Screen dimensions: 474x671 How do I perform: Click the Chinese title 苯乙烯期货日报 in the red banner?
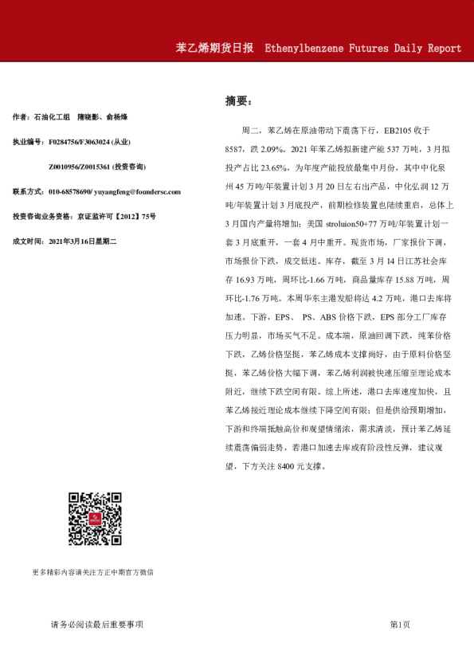click(214, 48)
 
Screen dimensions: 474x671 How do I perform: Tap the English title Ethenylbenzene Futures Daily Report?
click(362, 48)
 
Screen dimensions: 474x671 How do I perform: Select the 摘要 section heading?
click(237, 102)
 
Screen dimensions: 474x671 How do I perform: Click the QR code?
click(94, 520)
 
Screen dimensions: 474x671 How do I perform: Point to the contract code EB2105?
click(401, 129)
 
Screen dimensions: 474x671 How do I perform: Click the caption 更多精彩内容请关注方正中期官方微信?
click(92, 572)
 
